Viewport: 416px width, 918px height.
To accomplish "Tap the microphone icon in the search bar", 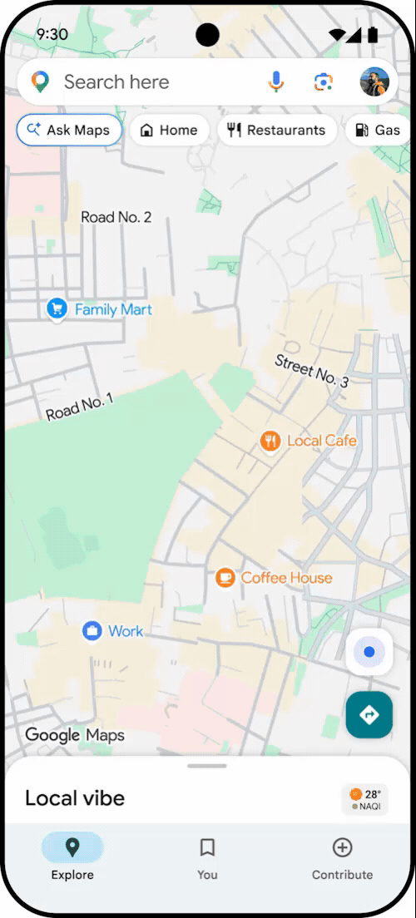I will tap(276, 81).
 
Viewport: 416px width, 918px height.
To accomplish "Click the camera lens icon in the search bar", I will tap(323, 81).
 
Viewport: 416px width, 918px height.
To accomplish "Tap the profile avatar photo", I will tap(374, 81).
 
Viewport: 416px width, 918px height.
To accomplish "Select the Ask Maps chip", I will tap(69, 131).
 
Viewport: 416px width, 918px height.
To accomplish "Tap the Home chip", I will tap(169, 131).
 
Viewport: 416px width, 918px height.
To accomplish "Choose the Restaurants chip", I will tap(277, 131).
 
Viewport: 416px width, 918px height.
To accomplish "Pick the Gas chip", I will tap(379, 131).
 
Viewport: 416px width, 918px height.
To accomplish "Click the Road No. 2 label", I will tap(116, 217).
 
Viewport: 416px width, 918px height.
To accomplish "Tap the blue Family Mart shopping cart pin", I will tap(57, 309).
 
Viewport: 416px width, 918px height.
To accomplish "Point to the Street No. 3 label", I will tap(312, 371).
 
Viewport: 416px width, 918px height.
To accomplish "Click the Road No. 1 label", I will tap(79, 407).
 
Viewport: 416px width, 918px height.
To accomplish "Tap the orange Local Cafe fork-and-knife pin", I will tap(269, 441).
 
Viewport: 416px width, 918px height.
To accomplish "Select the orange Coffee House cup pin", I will tap(225, 578).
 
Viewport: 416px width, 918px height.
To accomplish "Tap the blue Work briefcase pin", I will tap(92, 631).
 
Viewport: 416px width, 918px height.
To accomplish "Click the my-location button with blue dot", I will tap(369, 652).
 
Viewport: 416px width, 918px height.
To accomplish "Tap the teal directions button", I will tap(369, 714).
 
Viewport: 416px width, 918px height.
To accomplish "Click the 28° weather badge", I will tap(365, 799).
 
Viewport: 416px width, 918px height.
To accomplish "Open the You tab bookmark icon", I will tap(207, 847).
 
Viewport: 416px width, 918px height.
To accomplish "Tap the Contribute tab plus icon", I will tap(342, 847).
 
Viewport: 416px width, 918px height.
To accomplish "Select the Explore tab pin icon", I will tap(72, 847).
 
